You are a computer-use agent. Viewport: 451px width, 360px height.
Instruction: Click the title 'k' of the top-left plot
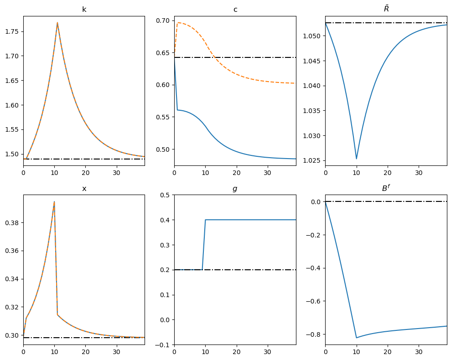(x=84, y=10)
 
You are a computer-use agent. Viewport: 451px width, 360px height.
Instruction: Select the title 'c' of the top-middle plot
(x=235, y=10)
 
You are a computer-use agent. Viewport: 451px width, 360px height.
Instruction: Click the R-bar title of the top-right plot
(x=386, y=9)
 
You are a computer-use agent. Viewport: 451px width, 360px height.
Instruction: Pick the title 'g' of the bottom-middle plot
(x=235, y=189)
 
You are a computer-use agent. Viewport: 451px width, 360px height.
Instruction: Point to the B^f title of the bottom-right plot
(x=386, y=188)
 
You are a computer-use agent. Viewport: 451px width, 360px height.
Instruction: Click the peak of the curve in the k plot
(x=57, y=22)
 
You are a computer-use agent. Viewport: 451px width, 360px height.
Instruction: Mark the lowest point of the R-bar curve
(x=356, y=159)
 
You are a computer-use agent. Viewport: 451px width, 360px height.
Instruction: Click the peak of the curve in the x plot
(x=54, y=201)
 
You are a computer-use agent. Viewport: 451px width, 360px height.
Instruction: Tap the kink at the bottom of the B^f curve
(x=356, y=338)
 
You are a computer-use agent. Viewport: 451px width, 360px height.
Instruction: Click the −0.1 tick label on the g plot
(x=163, y=345)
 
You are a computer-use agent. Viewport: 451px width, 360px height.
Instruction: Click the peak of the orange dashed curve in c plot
(x=177, y=22)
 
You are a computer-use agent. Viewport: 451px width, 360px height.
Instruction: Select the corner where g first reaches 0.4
(x=205, y=220)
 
